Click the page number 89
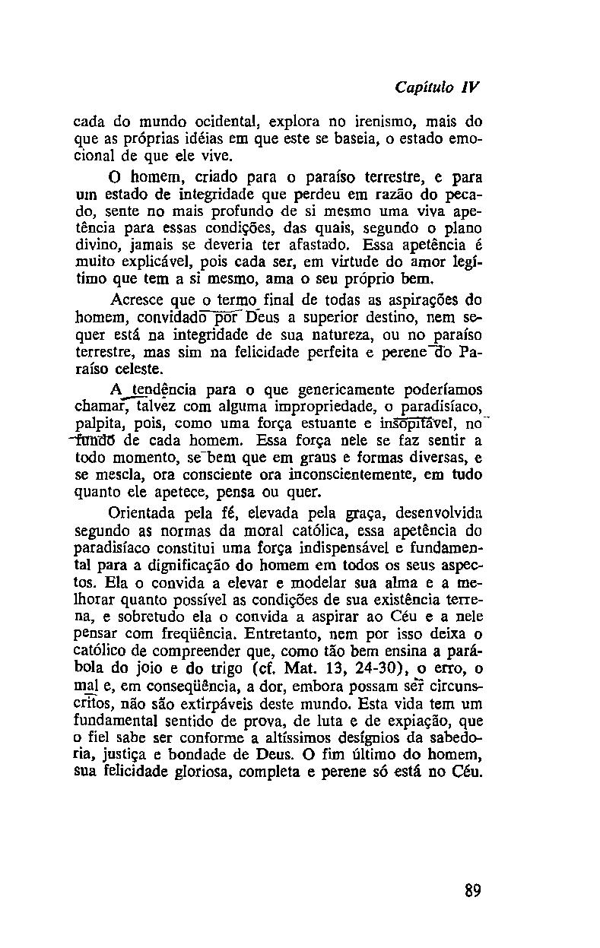(x=472, y=890)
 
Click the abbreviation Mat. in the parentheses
(x=312, y=668)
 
